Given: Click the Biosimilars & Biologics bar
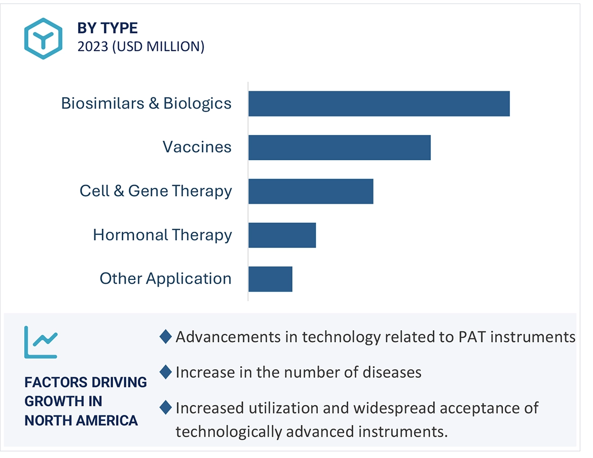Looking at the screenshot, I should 379,103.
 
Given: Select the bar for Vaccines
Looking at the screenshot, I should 339,148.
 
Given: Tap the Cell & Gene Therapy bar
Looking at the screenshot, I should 311,191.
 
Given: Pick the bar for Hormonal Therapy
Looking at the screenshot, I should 282,235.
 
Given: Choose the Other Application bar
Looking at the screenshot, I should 270,279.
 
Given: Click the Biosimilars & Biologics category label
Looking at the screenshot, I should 146,103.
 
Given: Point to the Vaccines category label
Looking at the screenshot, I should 197,148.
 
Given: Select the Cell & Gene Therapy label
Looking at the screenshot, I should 156,191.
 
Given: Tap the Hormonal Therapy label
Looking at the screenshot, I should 162,235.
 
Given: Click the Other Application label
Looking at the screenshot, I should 165,279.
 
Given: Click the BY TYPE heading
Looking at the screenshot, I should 107,28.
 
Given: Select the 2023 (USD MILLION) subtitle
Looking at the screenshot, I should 140,47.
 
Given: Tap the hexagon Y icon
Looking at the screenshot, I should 43,39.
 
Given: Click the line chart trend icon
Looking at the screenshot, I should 41,342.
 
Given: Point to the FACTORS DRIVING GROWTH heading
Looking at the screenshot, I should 86,401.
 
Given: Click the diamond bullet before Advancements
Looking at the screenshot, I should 165,337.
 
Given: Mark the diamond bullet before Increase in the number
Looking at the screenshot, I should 165,372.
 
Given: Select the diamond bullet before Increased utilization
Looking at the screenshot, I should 165,407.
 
